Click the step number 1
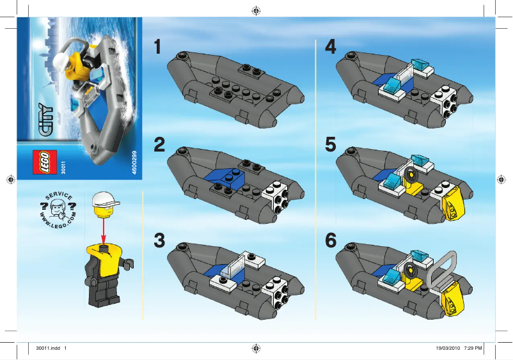[159, 48]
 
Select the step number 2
[160, 145]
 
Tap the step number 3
[160, 240]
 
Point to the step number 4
[331, 48]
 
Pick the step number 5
[331, 145]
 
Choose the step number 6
[331, 240]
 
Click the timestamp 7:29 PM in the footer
[471, 348]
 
